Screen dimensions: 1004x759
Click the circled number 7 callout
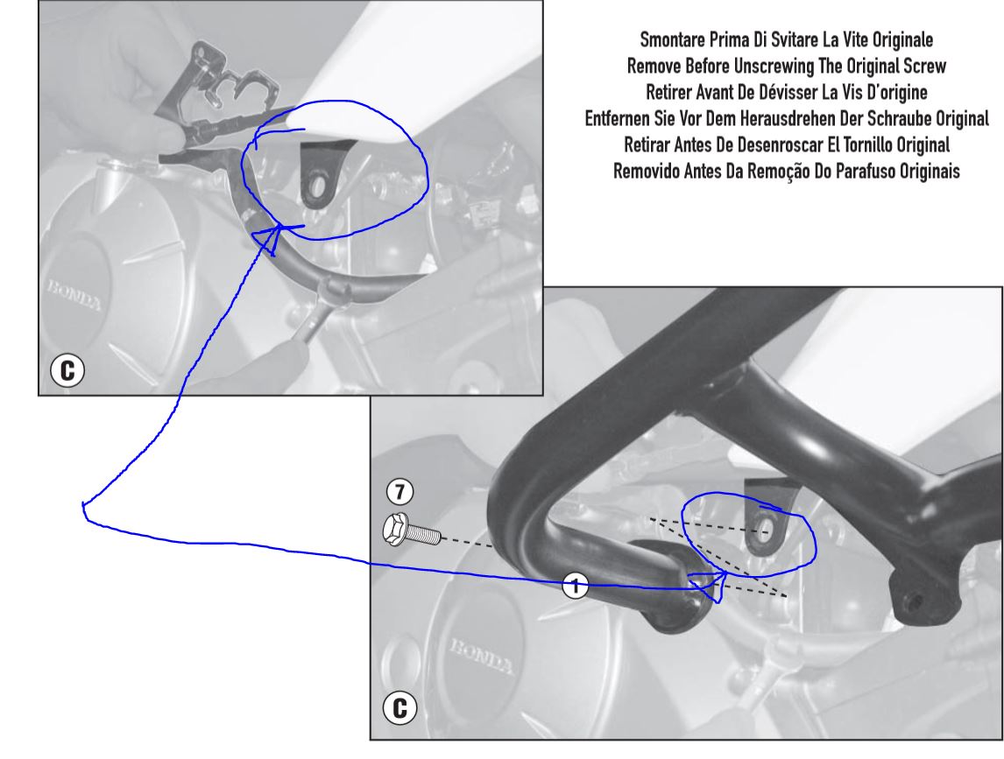(400, 491)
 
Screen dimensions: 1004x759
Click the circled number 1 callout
(575, 585)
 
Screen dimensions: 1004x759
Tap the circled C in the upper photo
(67, 370)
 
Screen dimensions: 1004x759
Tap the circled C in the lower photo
(399, 708)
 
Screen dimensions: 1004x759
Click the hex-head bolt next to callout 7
(412, 531)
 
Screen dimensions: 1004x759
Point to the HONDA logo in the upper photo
(74, 294)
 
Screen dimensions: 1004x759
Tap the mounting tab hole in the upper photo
(316, 186)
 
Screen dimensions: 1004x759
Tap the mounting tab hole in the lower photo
(763, 528)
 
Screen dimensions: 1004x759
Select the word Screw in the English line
(925, 66)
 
